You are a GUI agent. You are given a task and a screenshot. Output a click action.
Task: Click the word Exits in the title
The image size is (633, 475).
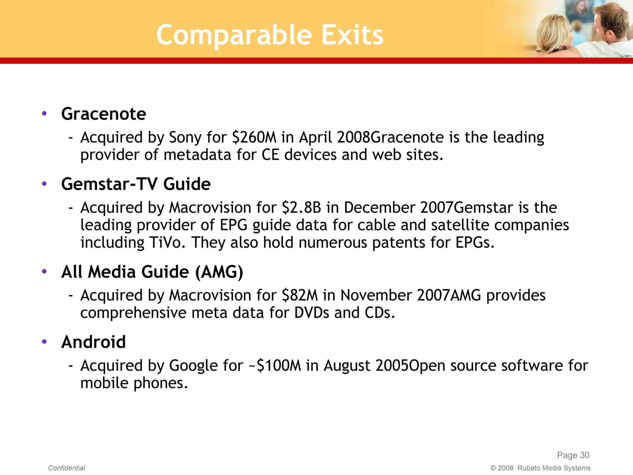(352, 35)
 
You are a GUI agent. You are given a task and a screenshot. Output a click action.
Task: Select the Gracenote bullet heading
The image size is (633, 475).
(104, 114)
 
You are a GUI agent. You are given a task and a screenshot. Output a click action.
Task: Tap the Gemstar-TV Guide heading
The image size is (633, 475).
(136, 184)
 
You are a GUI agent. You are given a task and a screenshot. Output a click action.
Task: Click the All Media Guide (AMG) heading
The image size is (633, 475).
(152, 272)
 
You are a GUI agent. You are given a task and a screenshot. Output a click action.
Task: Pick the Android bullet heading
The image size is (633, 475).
(93, 342)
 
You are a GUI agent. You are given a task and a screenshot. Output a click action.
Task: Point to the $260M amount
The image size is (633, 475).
(254, 137)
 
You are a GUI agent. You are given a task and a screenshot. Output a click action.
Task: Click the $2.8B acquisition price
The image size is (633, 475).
(301, 208)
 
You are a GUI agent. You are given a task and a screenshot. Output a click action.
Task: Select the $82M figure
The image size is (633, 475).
(300, 295)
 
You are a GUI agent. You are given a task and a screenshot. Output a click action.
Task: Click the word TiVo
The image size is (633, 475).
(167, 243)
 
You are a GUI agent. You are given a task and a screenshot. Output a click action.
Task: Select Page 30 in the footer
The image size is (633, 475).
(573, 455)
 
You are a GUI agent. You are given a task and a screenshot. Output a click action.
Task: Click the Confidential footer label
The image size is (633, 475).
(66, 468)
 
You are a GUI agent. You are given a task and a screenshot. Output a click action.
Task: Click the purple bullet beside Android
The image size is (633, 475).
(44, 342)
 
